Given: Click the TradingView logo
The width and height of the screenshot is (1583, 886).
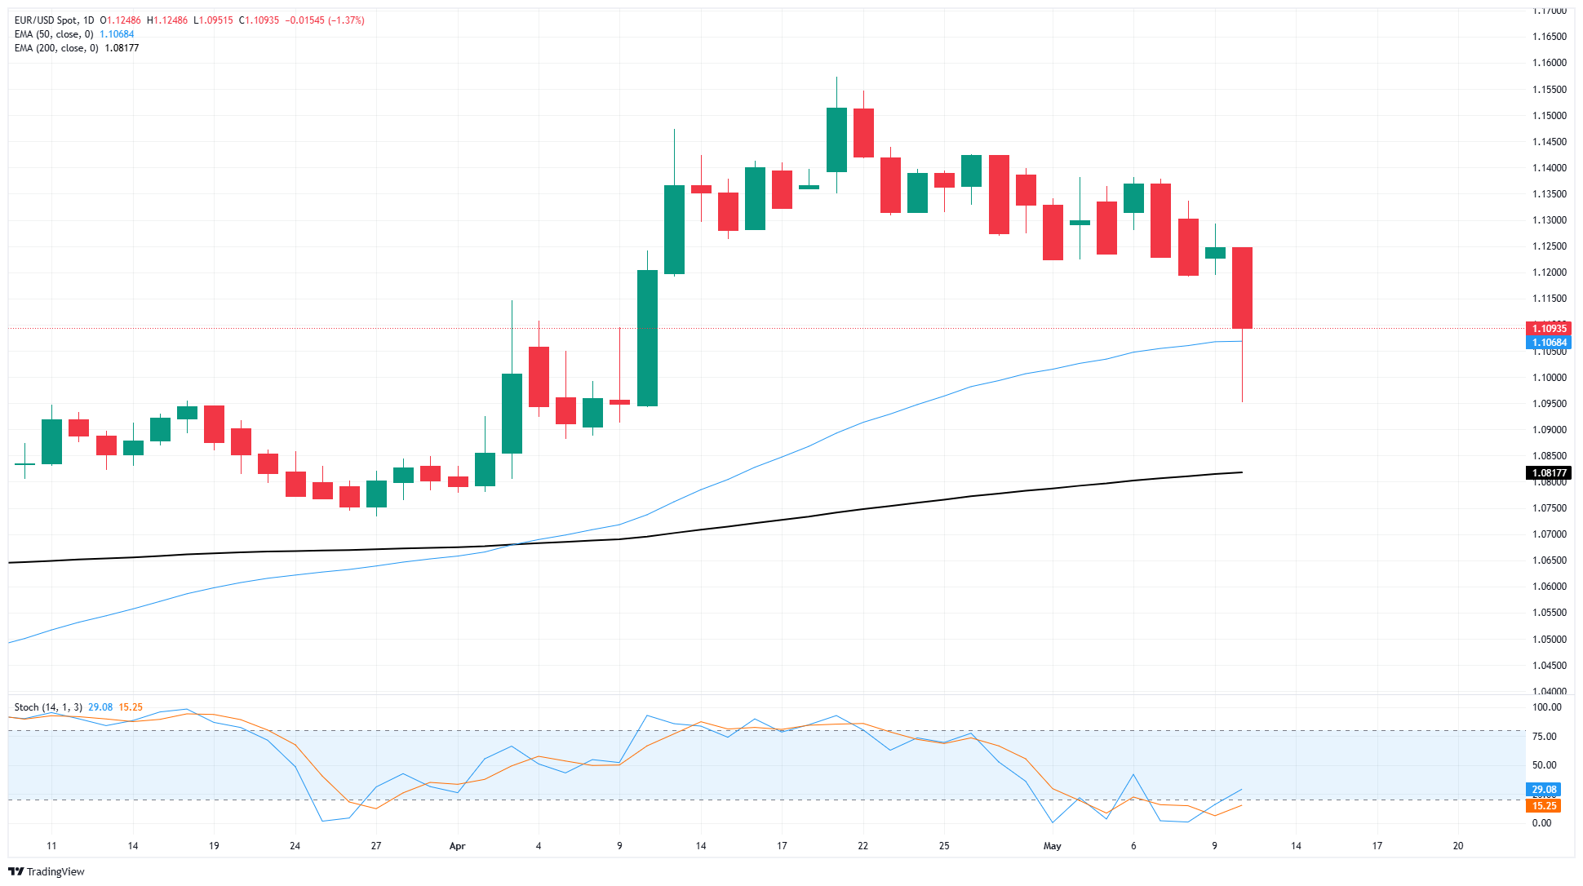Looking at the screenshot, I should point(47,871).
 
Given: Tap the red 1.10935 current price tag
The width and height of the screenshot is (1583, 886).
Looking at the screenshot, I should point(1548,329).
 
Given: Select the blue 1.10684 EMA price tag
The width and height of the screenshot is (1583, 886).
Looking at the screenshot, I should point(1548,343).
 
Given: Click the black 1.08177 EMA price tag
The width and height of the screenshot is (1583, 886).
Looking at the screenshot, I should point(1548,473).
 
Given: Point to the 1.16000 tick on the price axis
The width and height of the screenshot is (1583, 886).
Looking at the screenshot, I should point(1549,63).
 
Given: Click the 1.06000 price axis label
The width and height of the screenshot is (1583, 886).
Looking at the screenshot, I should point(1549,587).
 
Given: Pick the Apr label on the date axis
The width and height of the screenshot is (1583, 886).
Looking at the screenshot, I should point(457,846).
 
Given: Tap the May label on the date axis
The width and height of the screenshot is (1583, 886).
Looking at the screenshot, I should point(1052,846).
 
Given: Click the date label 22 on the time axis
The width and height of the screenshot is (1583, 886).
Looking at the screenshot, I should point(862,846).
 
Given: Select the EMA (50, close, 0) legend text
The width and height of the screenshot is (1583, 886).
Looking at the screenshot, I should point(54,34).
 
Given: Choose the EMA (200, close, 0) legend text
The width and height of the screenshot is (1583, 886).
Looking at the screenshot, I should point(56,48).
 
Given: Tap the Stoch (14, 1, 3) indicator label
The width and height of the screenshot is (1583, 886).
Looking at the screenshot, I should point(48,707).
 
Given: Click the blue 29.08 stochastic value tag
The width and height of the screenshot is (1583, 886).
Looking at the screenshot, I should point(1543,790).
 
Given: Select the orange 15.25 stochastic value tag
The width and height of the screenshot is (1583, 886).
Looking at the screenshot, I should point(1543,806).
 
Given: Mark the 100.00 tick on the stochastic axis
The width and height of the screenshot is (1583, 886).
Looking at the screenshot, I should point(1546,707).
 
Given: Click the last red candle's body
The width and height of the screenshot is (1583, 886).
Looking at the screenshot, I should point(1242,287).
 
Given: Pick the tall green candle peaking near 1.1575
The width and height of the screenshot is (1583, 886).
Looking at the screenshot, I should point(836,140).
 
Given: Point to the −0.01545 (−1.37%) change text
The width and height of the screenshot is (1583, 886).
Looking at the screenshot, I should point(325,20).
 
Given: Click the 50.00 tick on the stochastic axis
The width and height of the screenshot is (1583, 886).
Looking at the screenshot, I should point(1544,765).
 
